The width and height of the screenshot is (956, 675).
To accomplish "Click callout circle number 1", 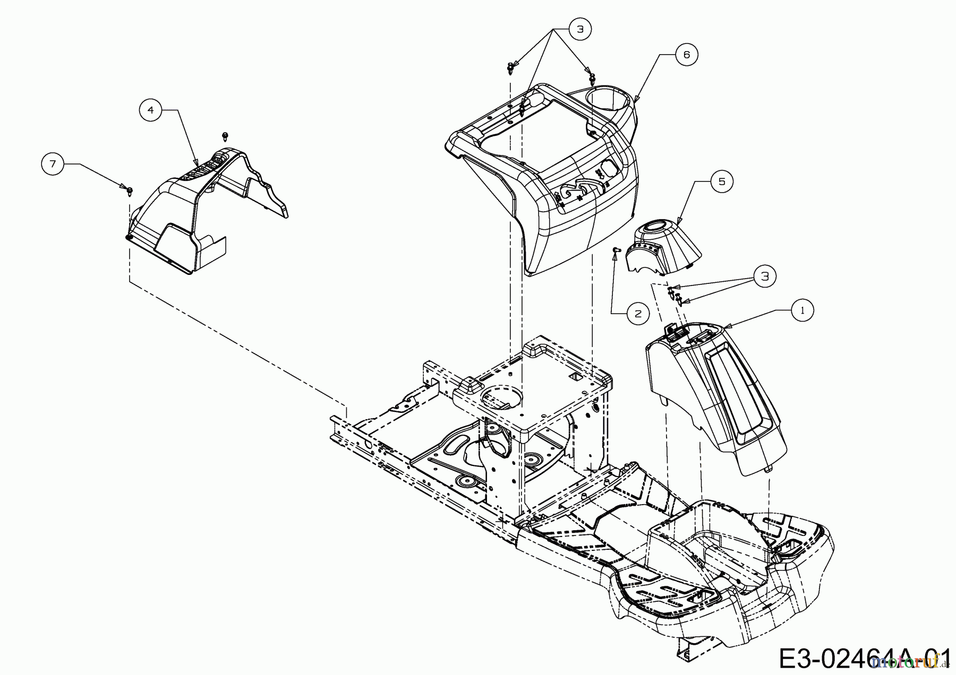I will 802,310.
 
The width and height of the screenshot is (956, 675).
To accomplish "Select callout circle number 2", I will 638,313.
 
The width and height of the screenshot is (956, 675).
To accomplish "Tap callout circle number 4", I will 151,110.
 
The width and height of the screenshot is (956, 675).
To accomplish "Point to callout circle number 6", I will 686,55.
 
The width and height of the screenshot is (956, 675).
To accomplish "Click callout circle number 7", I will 53,165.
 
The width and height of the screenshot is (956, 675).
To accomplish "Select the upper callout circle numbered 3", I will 579,29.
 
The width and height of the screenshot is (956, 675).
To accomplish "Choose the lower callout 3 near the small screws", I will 764,276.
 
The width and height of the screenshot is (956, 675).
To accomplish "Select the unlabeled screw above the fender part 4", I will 225,136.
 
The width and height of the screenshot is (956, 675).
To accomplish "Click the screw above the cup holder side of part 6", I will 591,79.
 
